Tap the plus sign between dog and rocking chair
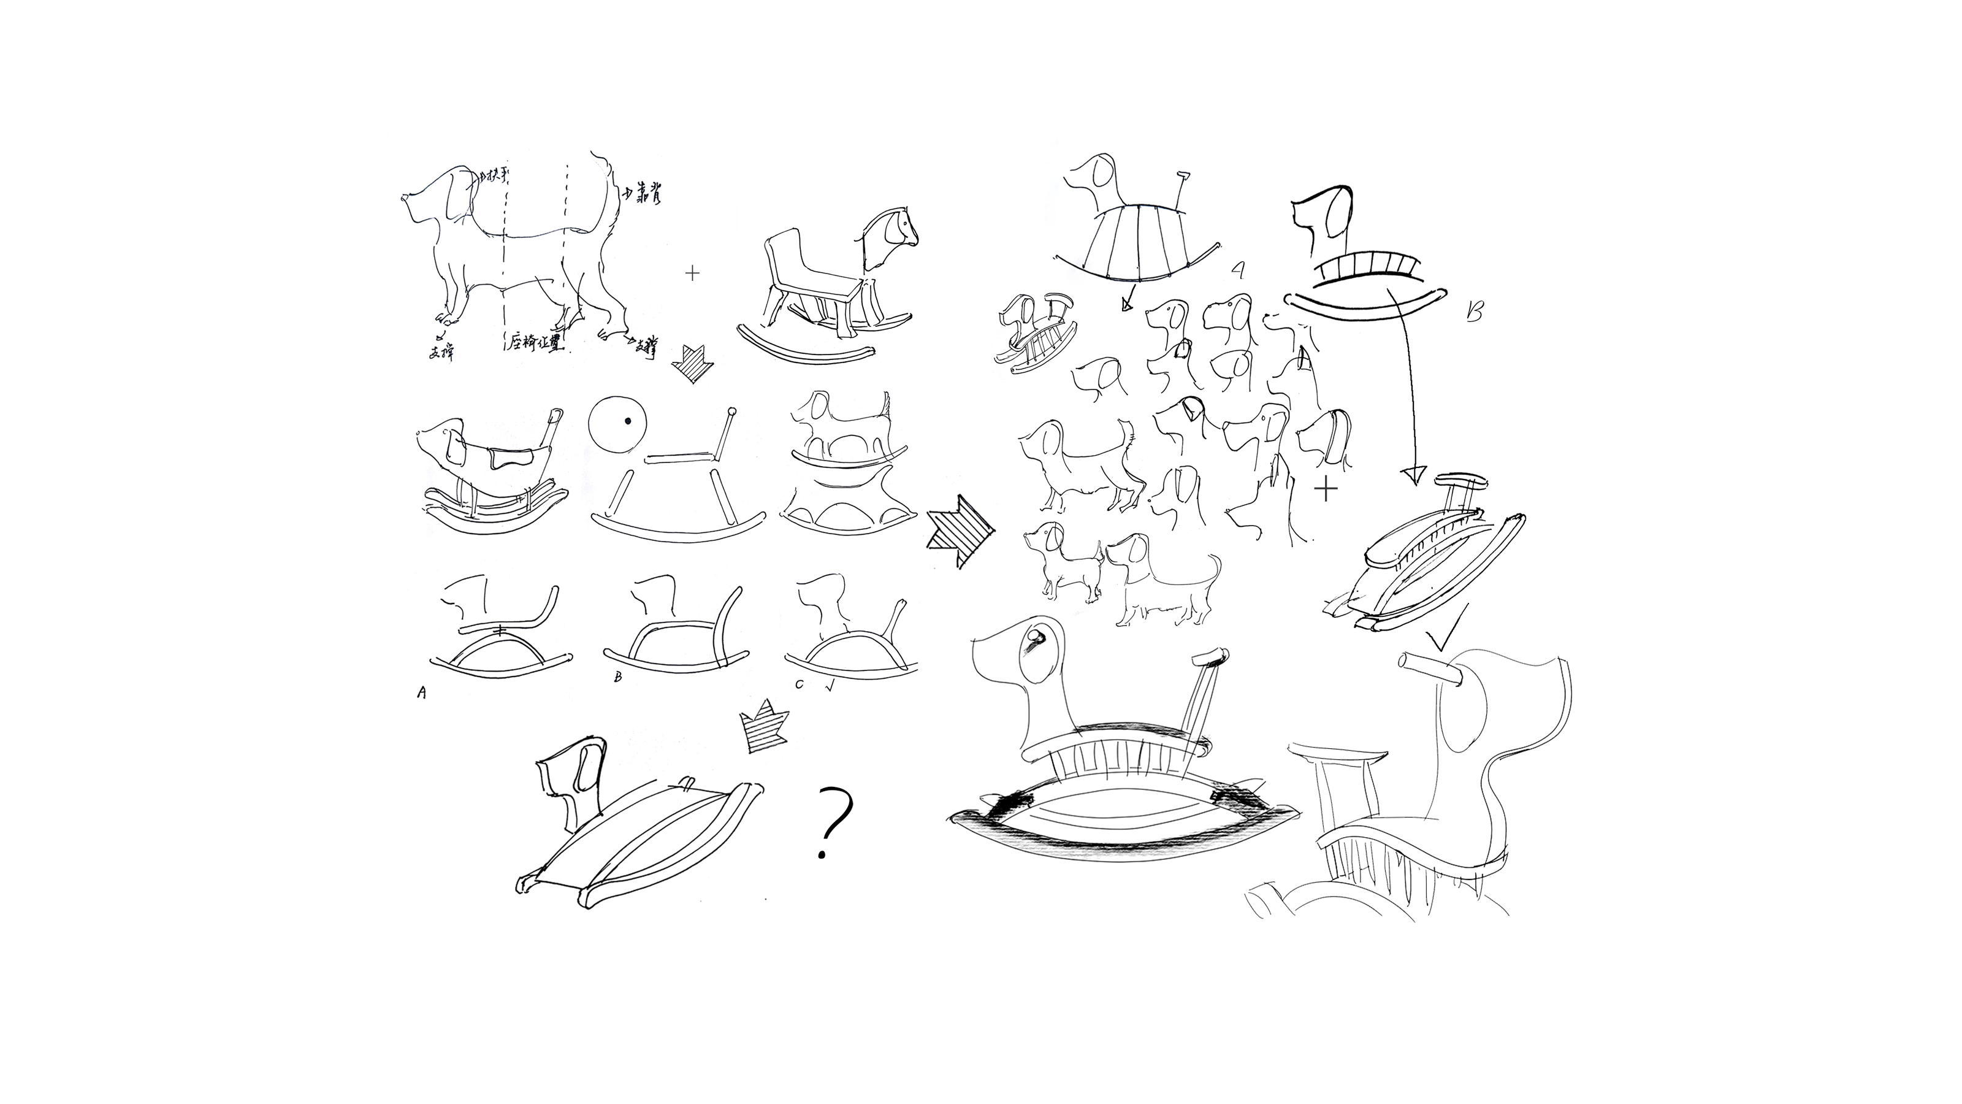692,273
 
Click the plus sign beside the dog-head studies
1326,488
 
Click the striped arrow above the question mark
764,732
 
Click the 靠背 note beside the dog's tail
645,196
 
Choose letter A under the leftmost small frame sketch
421,692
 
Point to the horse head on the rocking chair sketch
891,231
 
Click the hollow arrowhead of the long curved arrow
1413,475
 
